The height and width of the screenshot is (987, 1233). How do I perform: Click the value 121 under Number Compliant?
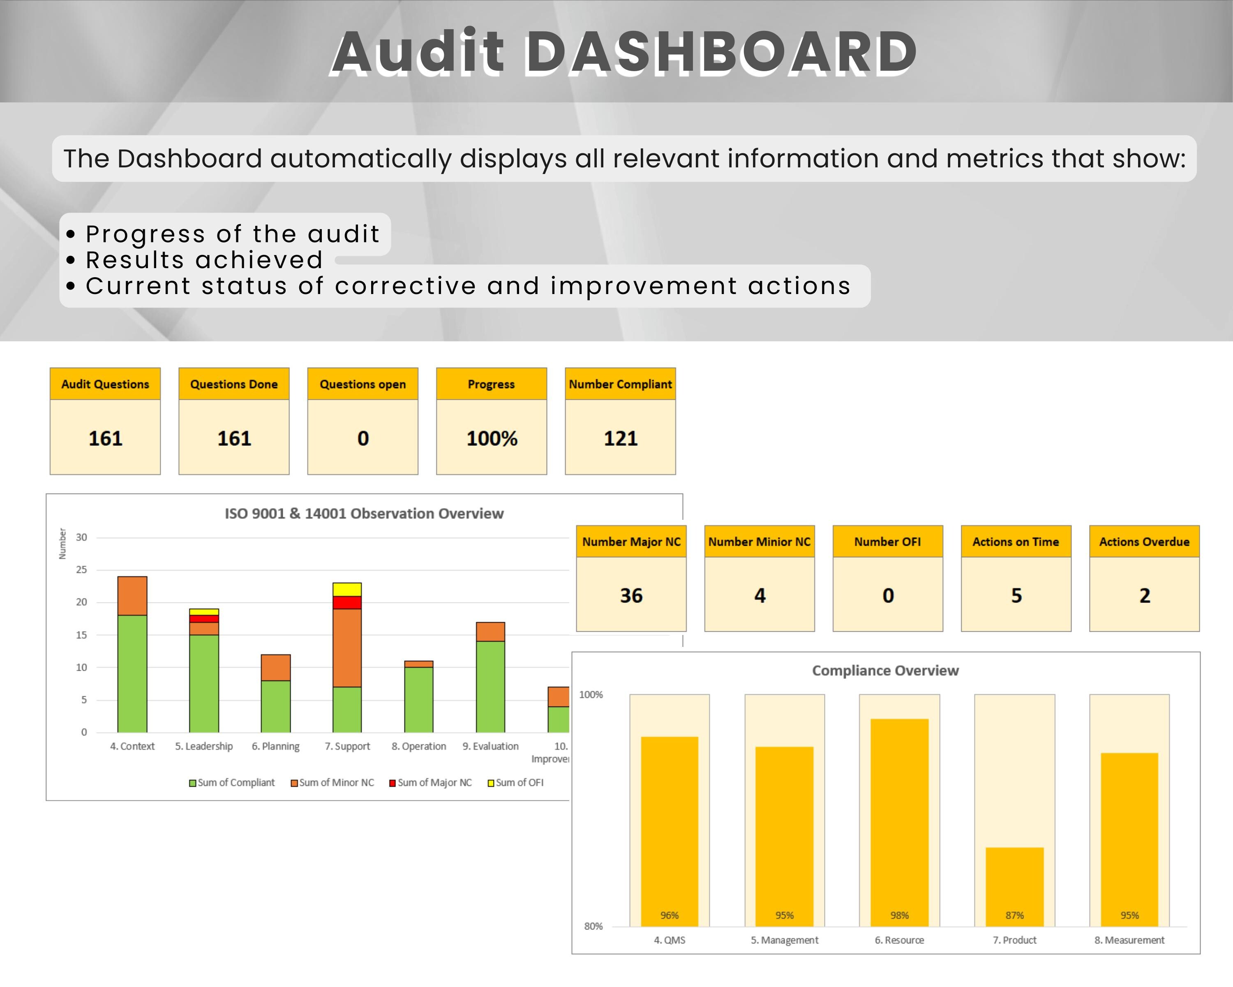point(621,438)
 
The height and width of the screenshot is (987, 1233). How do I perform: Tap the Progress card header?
point(491,384)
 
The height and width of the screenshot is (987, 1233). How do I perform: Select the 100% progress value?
point(491,438)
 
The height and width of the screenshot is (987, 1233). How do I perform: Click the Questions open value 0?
point(363,438)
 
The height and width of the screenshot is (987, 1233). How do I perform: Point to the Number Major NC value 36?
point(631,595)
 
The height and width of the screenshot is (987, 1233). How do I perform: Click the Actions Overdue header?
point(1144,541)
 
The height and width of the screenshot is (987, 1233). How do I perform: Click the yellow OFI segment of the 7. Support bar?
point(347,589)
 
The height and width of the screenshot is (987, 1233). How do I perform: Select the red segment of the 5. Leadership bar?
point(204,619)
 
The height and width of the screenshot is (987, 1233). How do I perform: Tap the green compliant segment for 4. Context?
point(132,674)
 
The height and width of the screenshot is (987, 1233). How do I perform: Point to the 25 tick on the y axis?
point(82,570)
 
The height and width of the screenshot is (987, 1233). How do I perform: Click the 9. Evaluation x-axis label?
point(490,746)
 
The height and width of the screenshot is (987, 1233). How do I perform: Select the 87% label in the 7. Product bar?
point(1014,915)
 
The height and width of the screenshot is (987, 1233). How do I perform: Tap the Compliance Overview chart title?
point(885,671)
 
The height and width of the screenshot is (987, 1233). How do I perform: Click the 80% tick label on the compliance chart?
point(593,926)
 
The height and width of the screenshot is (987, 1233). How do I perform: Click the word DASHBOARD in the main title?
point(720,53)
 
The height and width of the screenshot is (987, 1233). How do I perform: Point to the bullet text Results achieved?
point(204,260)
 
